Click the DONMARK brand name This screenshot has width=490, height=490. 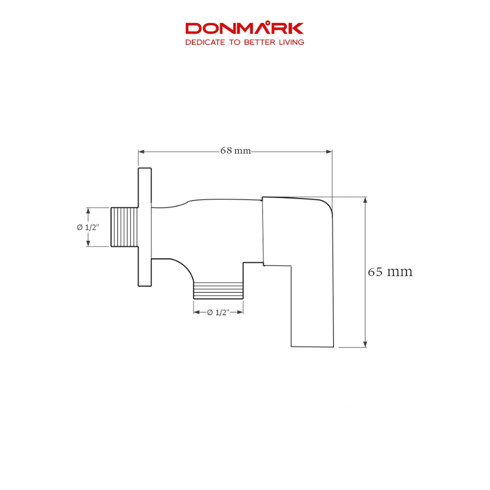pyautogui.click(x=245, y=28)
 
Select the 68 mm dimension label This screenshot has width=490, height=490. pyautogui.click(x=235, y=151)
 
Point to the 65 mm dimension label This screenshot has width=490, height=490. pyautogui.click(x=390, y=272)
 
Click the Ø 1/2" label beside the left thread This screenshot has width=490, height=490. pyautogui.click(x=88, y=227)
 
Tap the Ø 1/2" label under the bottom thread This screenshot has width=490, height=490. pyautogui.click(x=218, y=312)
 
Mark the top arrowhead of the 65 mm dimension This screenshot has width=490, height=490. pyautogui.click(x=366, y=200)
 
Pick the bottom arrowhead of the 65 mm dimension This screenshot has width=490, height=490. pyautogui.click(x=366, y=344)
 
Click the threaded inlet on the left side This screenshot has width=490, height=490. pyautogui.click(x=124, y=227)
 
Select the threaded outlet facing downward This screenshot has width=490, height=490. pyautogui.click(x=218, y=290)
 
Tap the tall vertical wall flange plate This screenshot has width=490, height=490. pyautogui.click(x=145, y=227)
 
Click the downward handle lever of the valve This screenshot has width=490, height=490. pyautogui.click(x=312, y=306)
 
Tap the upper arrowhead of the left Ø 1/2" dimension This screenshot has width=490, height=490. pyautogui.click(x=88, y=210)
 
